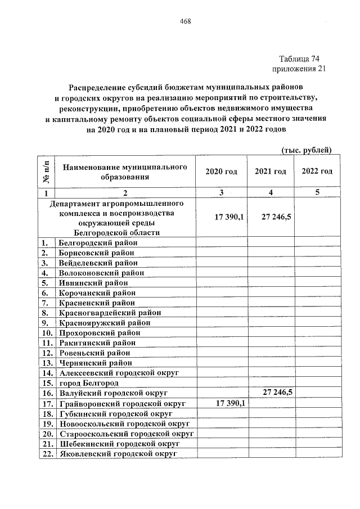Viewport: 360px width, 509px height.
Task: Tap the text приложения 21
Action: point(299,69)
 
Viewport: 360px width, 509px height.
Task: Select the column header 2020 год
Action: point(221,172)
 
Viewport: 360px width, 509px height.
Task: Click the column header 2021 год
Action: point(271,172)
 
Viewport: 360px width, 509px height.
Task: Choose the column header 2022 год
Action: point(317,172)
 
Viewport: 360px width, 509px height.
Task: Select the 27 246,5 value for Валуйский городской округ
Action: point(276,393)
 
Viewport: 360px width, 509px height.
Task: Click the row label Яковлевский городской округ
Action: point(117,453)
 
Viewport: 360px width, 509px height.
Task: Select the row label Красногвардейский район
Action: point(110,312)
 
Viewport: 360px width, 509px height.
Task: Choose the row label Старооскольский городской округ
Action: point(125,433)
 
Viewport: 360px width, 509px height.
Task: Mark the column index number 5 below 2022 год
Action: point(317,192)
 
